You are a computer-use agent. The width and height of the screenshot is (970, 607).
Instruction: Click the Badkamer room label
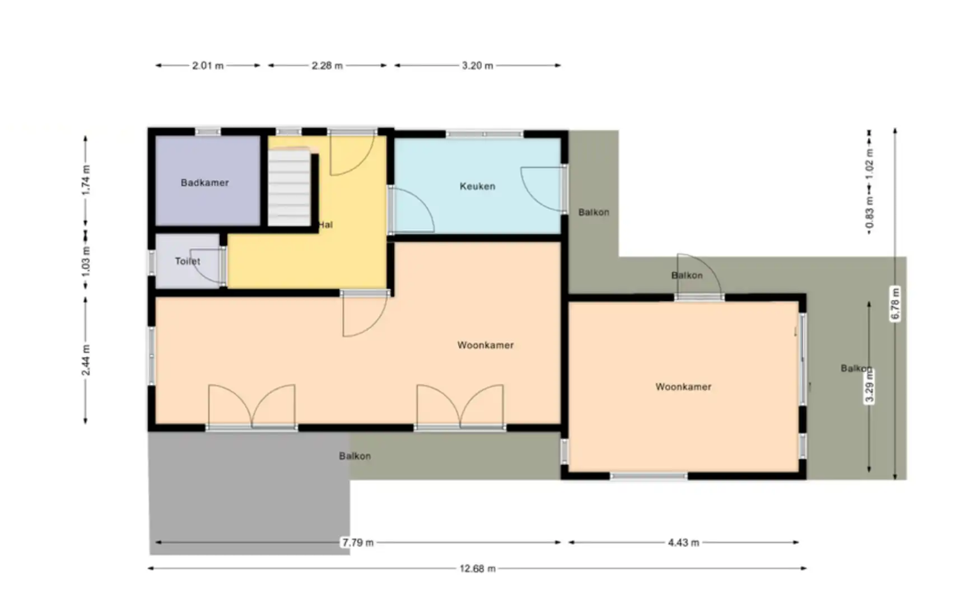[x=204, y=183]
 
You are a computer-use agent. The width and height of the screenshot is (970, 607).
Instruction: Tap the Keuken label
[x=477, y=186]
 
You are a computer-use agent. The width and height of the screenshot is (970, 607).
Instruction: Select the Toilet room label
[x=187, y=261]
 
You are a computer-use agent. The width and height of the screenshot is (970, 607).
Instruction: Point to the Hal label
[x=326, y=225]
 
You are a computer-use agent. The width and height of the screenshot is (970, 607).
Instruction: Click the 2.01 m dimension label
[x=208, y=66]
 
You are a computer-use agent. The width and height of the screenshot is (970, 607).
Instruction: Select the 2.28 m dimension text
[x=327, y=66]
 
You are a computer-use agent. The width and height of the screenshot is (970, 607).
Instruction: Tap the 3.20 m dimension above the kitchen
[x=477, y=66]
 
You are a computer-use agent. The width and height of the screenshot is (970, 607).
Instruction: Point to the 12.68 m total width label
[x=477, y=568]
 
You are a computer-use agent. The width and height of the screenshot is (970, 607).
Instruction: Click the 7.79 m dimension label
[x=358, y=542]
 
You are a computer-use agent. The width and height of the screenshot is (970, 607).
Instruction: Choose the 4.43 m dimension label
[x=683, y=542]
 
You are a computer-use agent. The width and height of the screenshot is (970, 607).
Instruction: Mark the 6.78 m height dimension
[x=895, y=303]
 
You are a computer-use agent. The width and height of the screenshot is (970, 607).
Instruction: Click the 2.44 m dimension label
[x=86, y=360]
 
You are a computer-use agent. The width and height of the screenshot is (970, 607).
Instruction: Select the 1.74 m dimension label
[x=86, y=179]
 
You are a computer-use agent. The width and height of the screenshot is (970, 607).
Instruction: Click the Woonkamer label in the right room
[x=683, y=386]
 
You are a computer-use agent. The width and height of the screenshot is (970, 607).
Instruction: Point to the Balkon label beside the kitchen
[x=594, y=212]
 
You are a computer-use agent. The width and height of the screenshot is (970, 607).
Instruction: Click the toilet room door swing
[x=206, y=266]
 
